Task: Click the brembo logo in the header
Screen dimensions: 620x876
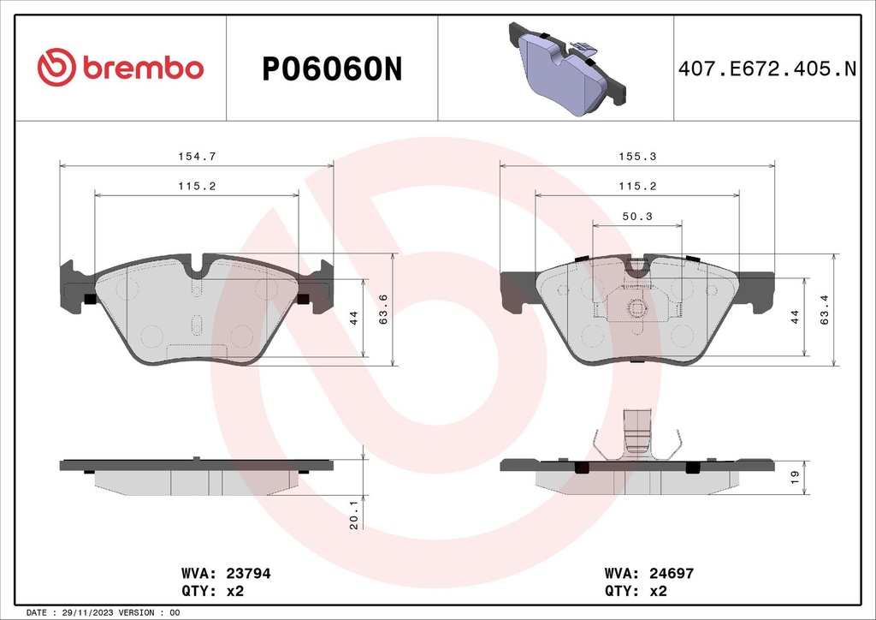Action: click(x=120, y=68)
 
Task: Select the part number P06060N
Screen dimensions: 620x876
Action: click(x=331, y=69)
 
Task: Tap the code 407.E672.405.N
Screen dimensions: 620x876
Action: click(x=766, y=69)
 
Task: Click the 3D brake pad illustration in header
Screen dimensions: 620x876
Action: click(x=565, y=69)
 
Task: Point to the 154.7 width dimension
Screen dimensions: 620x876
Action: click(x=196, y=156)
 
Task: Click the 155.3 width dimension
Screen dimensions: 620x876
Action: click(x=637, y=156)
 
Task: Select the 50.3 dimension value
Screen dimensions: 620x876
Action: click(x=637, y=217)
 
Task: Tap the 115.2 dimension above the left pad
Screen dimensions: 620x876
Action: click(x=196, y=186)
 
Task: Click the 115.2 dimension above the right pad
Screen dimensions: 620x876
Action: click(x=637, y=186)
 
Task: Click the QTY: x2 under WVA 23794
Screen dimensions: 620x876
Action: click(x=214, y=591)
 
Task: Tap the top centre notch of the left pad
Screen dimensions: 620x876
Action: click(x=197, y=267)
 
